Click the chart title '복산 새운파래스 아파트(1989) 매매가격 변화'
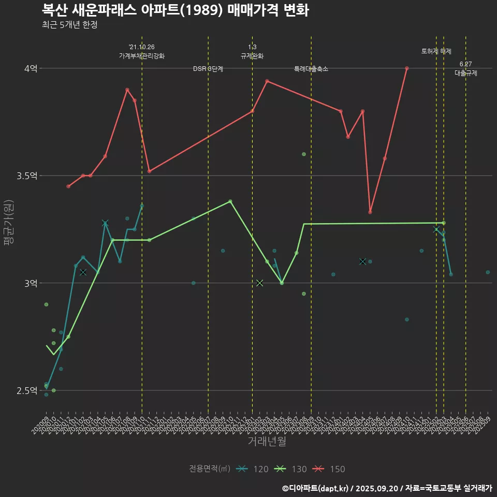pyautogui.click(x=175, y=10)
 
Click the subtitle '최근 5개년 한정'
pyautogui.click(x=69, y=25)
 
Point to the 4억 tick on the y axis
pyautogui.click(x=31, y=68)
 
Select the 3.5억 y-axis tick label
pyautogui.click(x=27, y=176)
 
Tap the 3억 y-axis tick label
pyautogui.click(x=31, y=283)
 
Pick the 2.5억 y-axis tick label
pyautogui.click(x=27, y=390)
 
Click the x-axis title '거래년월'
pyautogui.click(x=267, y=442)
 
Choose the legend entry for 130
pyautogui.click(x=290, y=469)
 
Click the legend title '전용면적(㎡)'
pyautogui.click(x=210, y=469)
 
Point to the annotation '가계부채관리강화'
pyautogui.click(x=142, y=56)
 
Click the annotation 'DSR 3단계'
pyautogui.click(x=208, y=69)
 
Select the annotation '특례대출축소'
pyautogui.click(x=311, y=69)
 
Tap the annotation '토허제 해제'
pyautogui.click(x=436, y=51)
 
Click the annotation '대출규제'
pyautogui.click(x=466, y=73)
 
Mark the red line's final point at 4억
pyautogui.click(x=407, y=68)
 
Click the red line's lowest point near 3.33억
pyautogui.click(x=370, y=212)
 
